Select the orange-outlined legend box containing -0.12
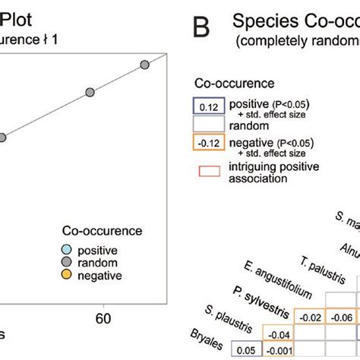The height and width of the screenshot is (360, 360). (210, 142)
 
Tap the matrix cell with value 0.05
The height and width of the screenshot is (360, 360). (245, 351)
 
